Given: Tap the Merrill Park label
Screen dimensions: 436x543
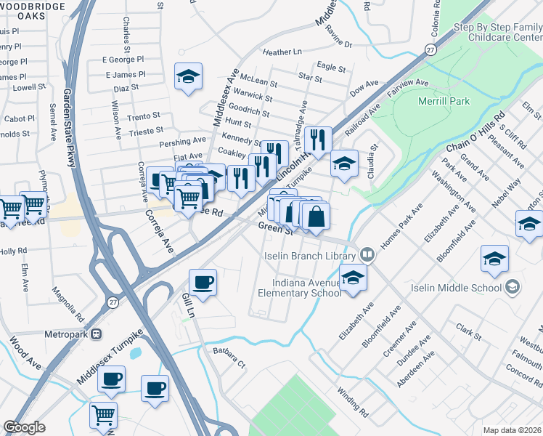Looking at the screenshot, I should click(444, 101).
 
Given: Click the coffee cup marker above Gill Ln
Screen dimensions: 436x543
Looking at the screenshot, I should click(203, 282).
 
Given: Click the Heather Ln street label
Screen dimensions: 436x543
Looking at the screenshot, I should click(282, 52).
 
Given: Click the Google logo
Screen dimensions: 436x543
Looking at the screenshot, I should click(25, 427).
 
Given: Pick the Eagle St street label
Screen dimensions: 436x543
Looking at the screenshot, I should click(331, 67).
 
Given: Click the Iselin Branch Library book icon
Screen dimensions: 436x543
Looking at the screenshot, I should click(368, 255).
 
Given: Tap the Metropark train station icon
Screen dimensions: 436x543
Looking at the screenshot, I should click(96, 334).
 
